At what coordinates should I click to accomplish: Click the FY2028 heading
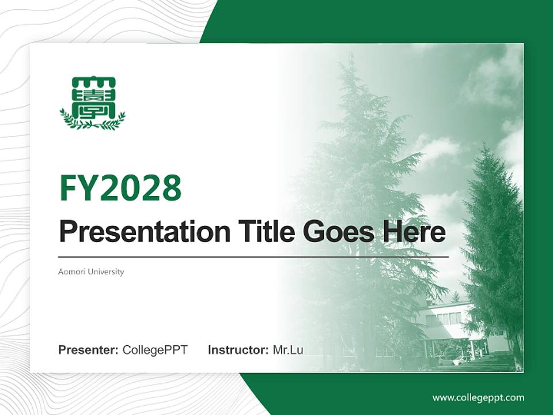[x=120, y=188]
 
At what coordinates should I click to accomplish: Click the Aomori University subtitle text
[x=91, y=271]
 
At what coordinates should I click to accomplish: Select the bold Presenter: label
[x=89, y=350]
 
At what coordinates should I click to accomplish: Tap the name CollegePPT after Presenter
[x=155, y=350]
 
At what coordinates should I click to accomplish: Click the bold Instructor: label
[x=238, y=350]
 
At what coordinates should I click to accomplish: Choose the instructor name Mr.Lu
[x=288, y=350]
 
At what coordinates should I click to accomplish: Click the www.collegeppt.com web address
[x=478, y=398]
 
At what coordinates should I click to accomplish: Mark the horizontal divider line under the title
[x=253, y=256]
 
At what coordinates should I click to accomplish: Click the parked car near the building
[x=461, y=361]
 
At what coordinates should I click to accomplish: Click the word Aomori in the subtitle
[x=69, y=271]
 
